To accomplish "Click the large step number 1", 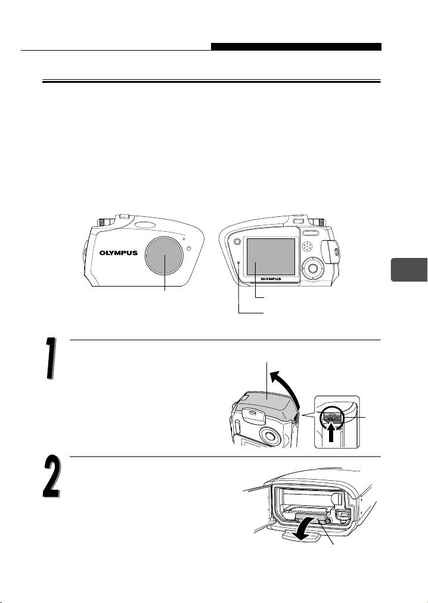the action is (50, 359).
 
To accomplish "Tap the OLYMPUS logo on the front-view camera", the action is (119, 253).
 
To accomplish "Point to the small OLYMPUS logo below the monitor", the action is (271, 279).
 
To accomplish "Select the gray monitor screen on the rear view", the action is (271, 256).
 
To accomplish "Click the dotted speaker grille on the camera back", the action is (308, 247).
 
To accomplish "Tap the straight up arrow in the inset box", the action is (331, 433).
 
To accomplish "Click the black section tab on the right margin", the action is (409, 270).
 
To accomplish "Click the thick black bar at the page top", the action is (296, 46).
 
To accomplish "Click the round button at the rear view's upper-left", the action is (237, 241).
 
